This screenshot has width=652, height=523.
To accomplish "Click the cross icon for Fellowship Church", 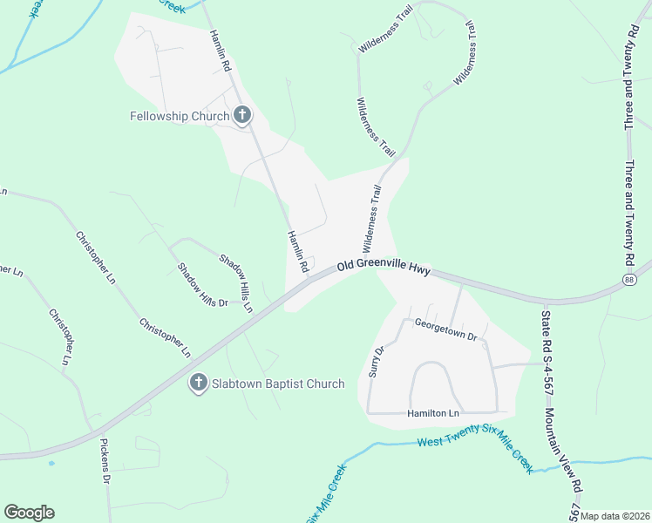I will click(x=241, y=115).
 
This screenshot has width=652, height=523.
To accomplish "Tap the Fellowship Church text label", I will click(x=179, y=115).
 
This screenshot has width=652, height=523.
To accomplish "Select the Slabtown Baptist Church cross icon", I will click(x=199, y=383).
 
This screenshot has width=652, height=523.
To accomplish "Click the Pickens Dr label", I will click(x=105, y=467).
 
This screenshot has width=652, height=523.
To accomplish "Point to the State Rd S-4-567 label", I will click(x=547, y=343).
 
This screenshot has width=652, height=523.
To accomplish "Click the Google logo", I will click(x=29, y=513).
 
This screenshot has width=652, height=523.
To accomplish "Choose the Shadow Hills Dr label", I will click(x=201, y=285).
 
